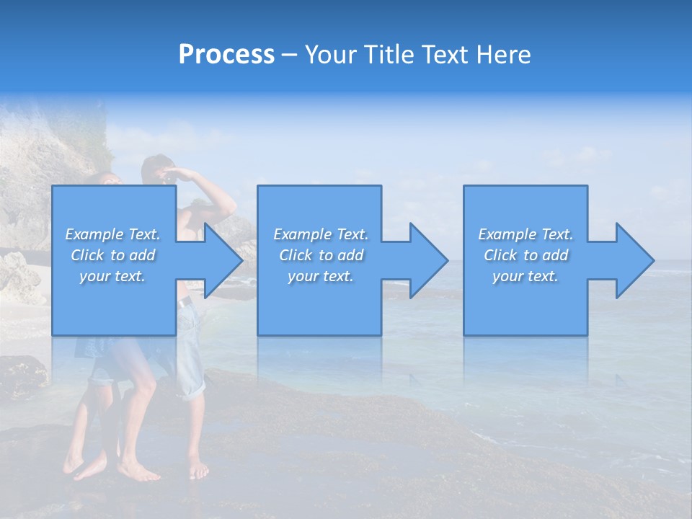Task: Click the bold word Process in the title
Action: (x=226, y=55)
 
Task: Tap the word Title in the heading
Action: (x=389, y=55)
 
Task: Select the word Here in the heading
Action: (x=504, y=55)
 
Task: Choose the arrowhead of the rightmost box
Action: (x=634, y=260)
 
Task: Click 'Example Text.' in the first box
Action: (x=113, y=234)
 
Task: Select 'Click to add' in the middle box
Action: (x=321, y=255)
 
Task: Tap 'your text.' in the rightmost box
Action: (x=525, y=276)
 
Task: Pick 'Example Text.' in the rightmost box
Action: (x=525, y=234)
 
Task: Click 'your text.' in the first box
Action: (x=113, y=276)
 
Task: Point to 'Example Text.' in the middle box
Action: (x=321, y=234)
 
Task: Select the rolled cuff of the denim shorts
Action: (x=192, y=389)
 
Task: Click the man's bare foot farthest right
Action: (x=198, y=470)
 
